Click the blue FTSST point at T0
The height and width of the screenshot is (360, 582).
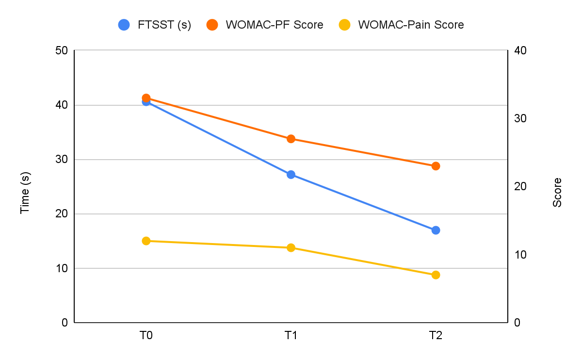[x=146, y=102]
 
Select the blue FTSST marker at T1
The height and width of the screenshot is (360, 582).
[x=291, y=175]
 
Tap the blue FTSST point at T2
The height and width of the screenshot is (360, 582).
[x=436, y=230]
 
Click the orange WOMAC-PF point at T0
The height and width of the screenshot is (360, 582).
[x=146, y=98]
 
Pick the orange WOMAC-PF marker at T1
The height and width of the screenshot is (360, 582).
[x=291, y=139]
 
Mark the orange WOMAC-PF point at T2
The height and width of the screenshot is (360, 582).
[x=436, y=166]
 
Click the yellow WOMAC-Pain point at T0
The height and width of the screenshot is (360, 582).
[x=146, y=241]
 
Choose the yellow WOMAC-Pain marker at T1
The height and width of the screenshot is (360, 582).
[x=291, y=248]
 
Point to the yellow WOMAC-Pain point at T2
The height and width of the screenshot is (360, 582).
[x=436, y=275]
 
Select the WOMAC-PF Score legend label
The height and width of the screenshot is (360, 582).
[x=275, y=25]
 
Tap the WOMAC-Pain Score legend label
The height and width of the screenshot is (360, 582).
[x=411, y=25]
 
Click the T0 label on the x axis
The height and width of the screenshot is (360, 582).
[x=146, y=335]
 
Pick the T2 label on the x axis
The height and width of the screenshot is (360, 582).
[x=436, y=335]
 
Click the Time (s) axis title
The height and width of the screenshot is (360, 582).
[x=25, y=187]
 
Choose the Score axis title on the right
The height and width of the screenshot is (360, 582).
[x=557, y=193]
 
